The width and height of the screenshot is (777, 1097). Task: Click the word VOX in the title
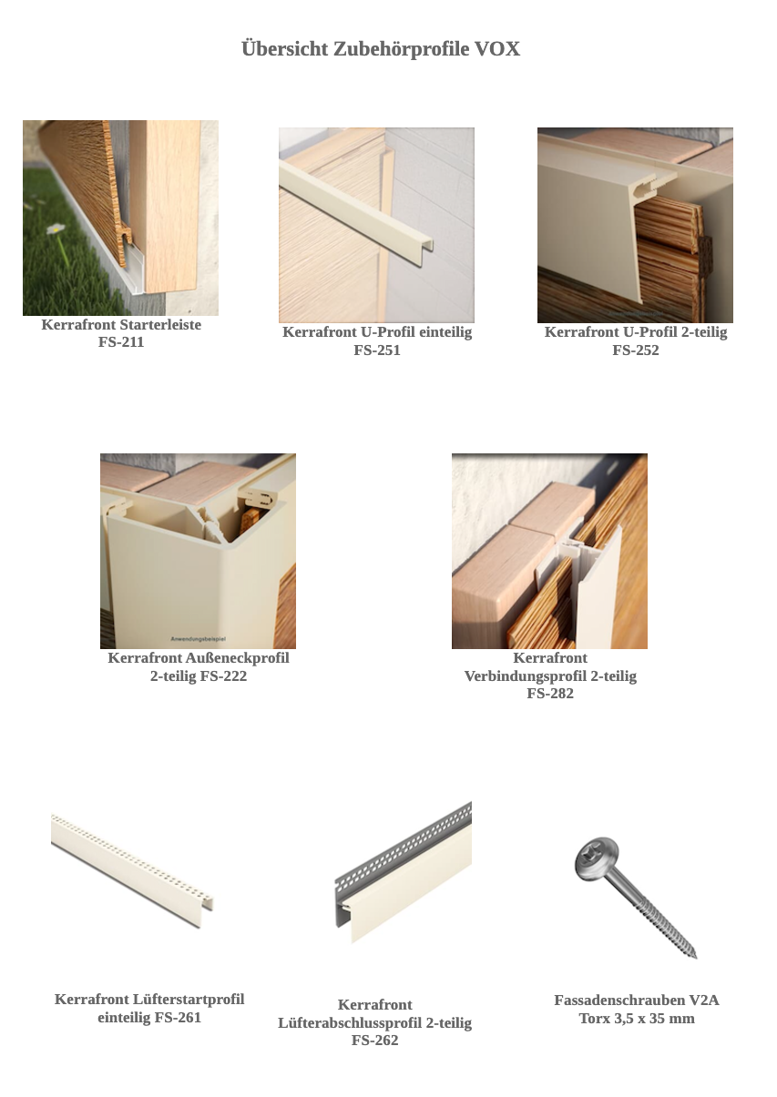point(497,49)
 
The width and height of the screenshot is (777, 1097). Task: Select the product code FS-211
point(121,341)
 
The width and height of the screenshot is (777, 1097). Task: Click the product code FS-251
point(377,350)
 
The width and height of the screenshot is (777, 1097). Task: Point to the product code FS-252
point(636,350)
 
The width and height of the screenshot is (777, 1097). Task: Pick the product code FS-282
point(550,694)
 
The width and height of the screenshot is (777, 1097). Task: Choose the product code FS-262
point(374,1041)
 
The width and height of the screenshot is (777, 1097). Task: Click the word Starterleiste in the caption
point(160,325)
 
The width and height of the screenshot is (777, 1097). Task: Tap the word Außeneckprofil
point(237,657)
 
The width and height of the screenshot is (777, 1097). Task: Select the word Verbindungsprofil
point(526,676)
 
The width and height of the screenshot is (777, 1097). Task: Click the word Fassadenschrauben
point(619,1000)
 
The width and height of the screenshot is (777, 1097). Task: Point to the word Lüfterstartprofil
point(189,999)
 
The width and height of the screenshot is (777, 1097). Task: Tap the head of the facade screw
point(598,859)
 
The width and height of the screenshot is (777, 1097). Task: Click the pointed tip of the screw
point(695,957)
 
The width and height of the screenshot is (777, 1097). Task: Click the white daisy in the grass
point(56,229)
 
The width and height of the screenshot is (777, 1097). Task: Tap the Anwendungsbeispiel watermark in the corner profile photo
point(198,638)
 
